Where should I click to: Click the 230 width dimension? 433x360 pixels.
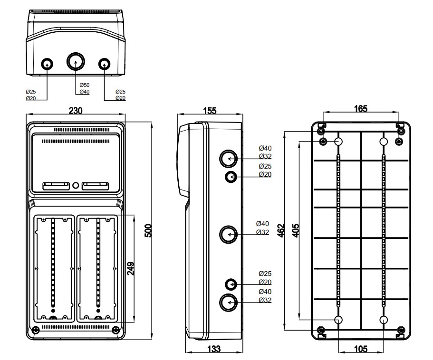pyautogui.click(x=76, y=111)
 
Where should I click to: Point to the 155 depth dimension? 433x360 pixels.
pyautogui.click(x=210, y=111)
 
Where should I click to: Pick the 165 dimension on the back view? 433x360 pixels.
pyautogui.click(x=361, y=109)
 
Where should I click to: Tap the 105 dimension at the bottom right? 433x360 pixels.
pyautogui.click(x=361, y=349)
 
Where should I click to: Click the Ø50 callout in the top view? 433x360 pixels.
pyautogui.click(x=84, y=85)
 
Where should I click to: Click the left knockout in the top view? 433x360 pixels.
pyautogui.click(x=47, y=64)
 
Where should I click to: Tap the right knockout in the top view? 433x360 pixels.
pyautogui.click(x=104, y=64)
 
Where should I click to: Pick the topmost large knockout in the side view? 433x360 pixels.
pyautogui.click(x=229, y=159)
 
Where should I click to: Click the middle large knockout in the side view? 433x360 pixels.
pyautogui.click(x=229, y=234)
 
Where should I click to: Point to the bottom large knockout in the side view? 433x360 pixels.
pyautogui.click(x=229, y=302)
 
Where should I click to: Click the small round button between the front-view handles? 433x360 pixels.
pyautogui.click(x=76, y=184)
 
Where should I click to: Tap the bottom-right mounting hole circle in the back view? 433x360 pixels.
pyautogui.click(x=384, y=320)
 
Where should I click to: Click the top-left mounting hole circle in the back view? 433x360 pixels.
pyautogui.click(x=339, y=142)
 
